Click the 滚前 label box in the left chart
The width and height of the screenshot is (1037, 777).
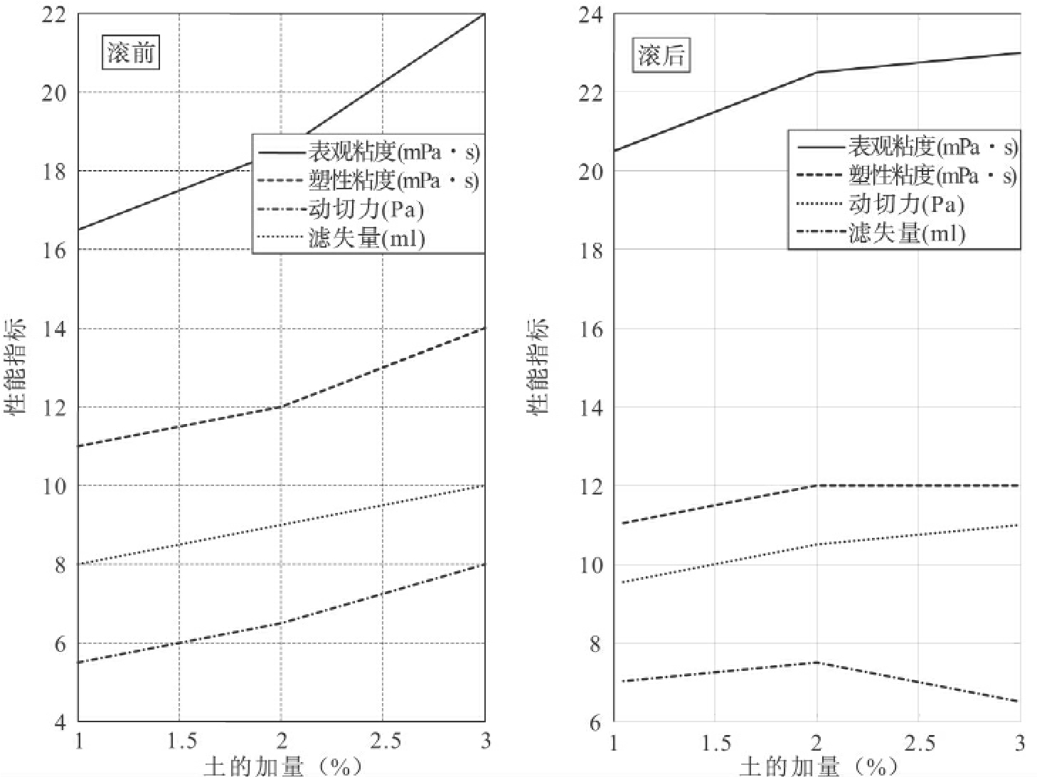pos(131,53)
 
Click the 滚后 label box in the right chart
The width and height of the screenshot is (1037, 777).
pos(661,55)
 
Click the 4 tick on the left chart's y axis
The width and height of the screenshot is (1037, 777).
pos(59,721)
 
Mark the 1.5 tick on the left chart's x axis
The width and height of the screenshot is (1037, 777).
pos(181,741)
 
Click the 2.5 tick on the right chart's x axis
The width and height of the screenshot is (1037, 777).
pos(919,743)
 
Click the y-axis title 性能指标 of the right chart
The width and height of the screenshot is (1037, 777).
pos(538,366)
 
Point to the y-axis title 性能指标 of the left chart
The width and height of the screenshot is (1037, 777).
pos(16,366)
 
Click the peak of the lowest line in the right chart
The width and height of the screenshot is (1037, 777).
pos(817,662)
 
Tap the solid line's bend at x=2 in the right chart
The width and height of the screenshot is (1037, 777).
pos(817,72)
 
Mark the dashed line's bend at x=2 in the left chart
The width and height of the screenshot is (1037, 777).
pos(282,407)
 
